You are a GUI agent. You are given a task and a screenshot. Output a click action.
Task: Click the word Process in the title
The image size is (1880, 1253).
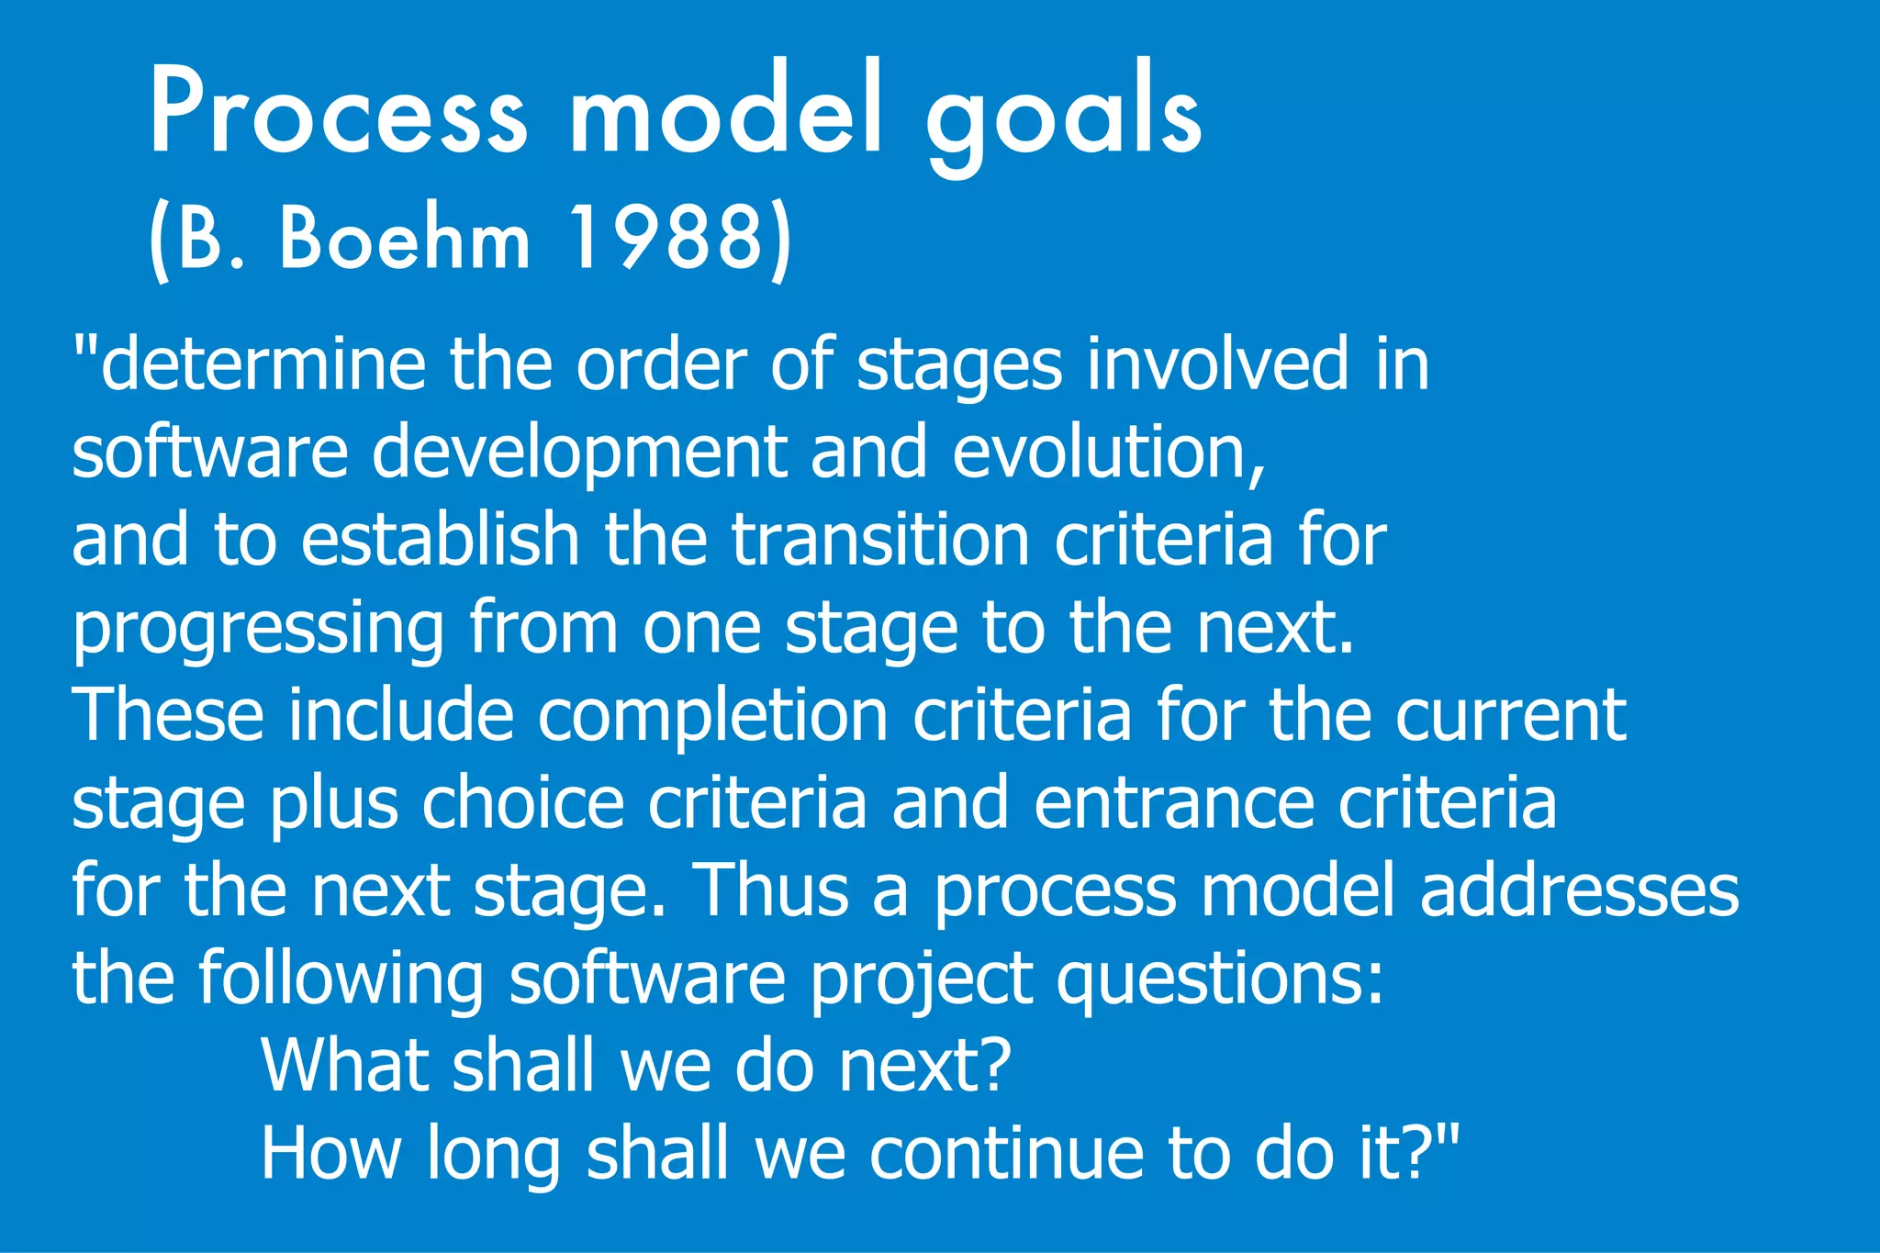[x=338, y=113]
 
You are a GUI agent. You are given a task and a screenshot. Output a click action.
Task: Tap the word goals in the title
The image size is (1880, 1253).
[x=1063, y=115]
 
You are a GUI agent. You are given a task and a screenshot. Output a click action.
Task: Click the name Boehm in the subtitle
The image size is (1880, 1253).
[x=405, y=239]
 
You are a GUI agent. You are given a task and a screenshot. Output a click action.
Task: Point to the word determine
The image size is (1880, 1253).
[x=262, y=364]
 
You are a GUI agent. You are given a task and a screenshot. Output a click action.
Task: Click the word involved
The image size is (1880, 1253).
[x=1217, y=364]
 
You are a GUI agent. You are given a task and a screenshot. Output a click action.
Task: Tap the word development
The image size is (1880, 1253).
[x=579, y=452]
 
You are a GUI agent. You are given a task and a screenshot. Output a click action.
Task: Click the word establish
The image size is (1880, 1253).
[x=440, y=540]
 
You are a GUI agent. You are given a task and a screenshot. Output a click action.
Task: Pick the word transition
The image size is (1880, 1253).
[x=880, y=540]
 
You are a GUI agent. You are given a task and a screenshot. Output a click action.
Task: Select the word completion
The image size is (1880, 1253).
[x=711, y=715]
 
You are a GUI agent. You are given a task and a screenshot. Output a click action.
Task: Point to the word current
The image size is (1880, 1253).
[x=1510, y=715]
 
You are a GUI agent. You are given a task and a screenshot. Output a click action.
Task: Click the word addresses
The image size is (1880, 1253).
[x=1579, y=890]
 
